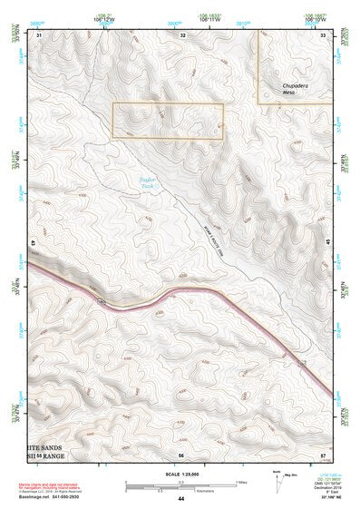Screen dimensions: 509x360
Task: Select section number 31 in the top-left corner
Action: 39,34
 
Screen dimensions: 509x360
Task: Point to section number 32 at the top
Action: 182,34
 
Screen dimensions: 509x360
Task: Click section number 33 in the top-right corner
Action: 324,34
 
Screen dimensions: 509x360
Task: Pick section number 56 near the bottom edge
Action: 181,454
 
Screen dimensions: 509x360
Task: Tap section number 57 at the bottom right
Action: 324,454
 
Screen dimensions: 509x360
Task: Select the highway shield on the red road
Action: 102,296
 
